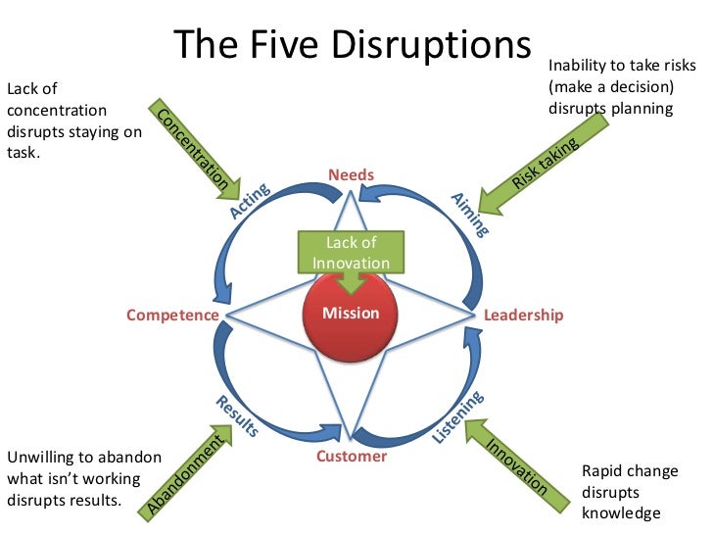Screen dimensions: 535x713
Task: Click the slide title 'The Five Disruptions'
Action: coord(353,46)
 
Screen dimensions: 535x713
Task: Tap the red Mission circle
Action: coord(351,313)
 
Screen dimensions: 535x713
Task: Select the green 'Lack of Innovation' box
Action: coord(351,253)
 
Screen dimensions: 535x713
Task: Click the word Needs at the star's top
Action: coord(351,175)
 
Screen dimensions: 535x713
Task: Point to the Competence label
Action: coord(172,316)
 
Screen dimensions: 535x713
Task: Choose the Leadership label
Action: coord(524,316)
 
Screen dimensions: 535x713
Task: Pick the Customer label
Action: coord(352,456)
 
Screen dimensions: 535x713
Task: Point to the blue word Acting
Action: coord(249,200)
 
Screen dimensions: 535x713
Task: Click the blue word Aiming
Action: coord(469,214)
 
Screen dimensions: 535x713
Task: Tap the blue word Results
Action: coord(236,416)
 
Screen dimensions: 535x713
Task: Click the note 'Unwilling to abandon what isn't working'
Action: coord(73,478)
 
